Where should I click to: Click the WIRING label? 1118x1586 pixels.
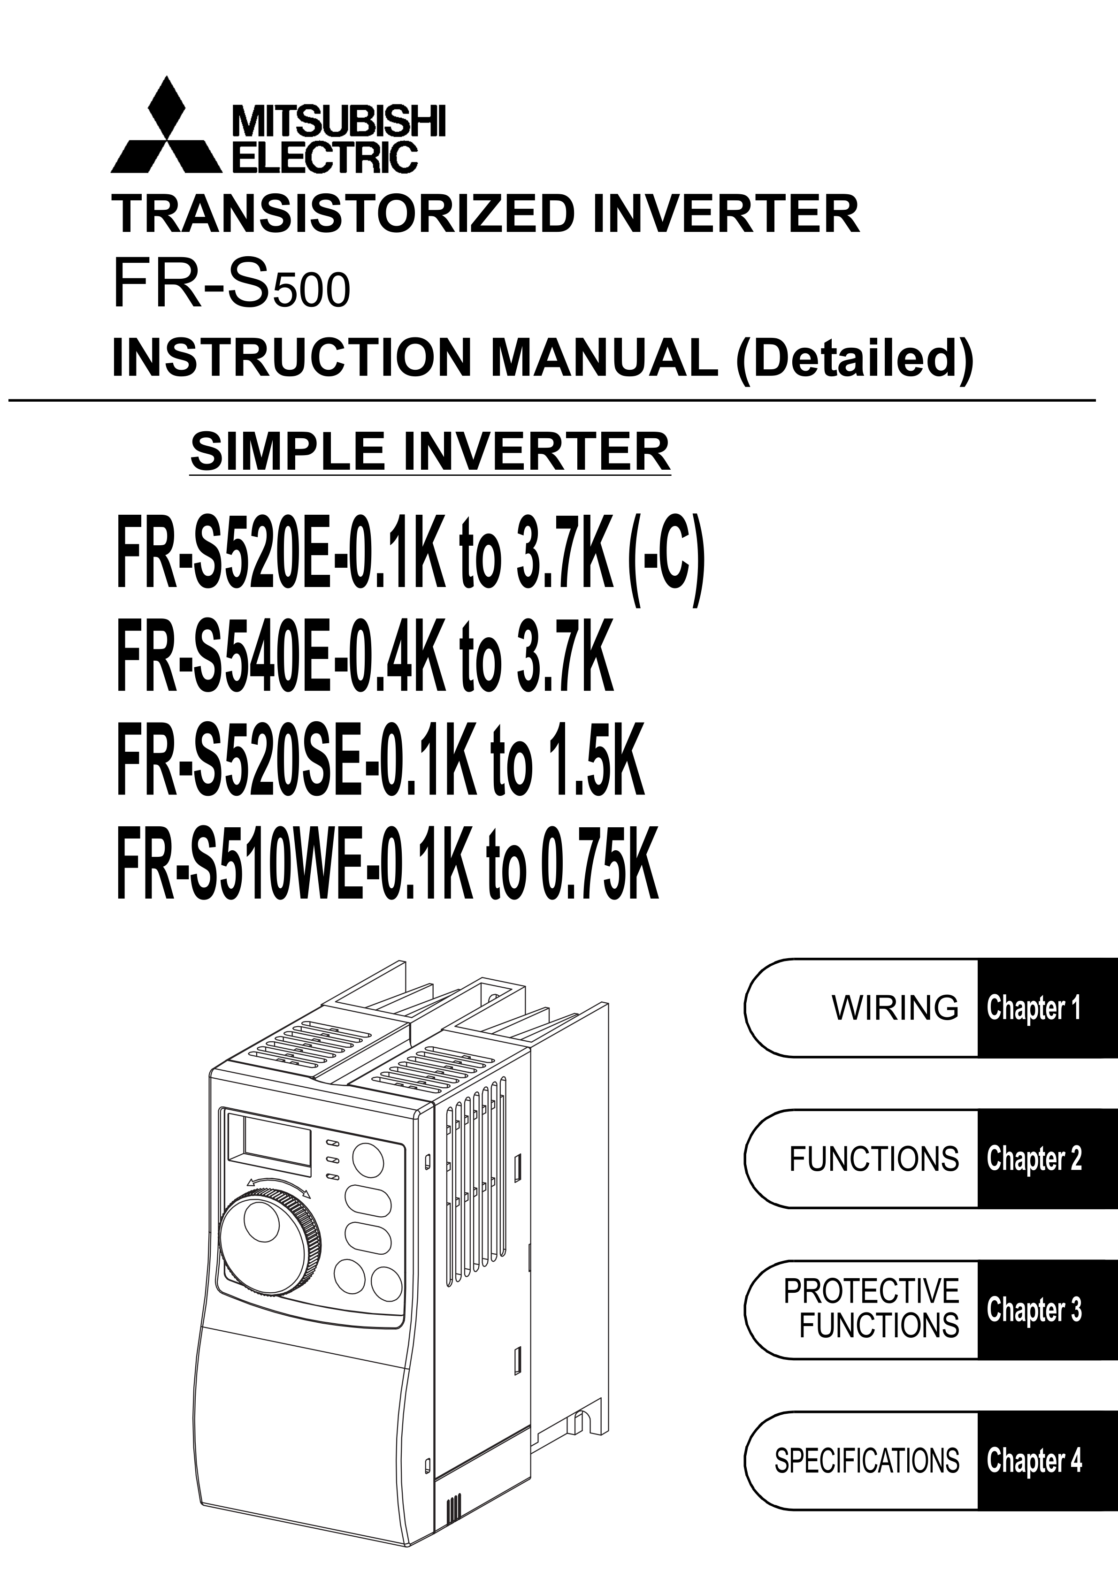[x=896, y=1008]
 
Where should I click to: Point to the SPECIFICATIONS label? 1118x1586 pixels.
[x=866, y=1461]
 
